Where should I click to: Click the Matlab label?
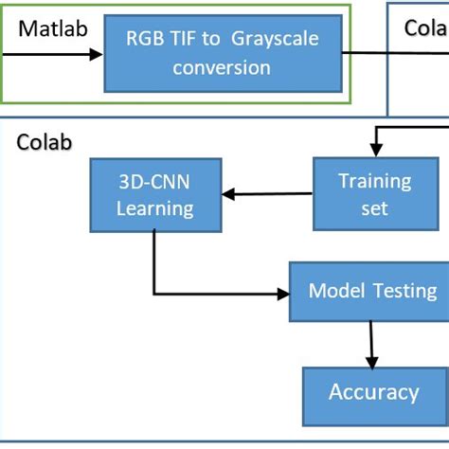point(53,28)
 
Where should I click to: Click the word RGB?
point(146,38)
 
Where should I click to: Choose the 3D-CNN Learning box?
point(154,195)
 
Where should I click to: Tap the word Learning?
point(154,207)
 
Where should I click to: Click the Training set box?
point(374,194)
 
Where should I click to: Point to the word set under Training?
point(374,207)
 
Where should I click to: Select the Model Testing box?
point(372,291)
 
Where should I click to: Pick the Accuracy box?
point(372,392)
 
